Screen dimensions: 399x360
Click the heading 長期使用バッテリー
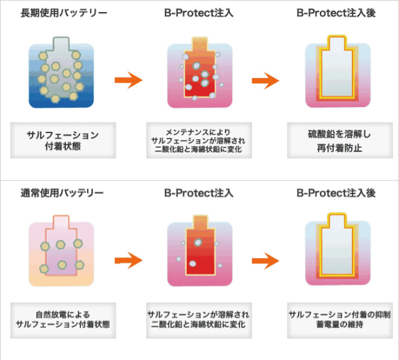point(64,13)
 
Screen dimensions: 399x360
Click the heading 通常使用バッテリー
point(62,193)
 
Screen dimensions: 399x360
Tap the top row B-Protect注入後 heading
point(336,13)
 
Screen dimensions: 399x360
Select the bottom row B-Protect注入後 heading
point(336,193)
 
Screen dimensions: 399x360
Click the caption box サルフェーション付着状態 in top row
point(63,140)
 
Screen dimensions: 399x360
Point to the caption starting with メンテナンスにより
point(199,140)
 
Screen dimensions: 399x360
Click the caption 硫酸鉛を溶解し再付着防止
point(340,140)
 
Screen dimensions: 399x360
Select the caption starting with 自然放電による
point(63,320)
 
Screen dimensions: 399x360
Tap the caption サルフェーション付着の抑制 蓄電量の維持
point(340,320)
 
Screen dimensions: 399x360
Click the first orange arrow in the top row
point(128,81)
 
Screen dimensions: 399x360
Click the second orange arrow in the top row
point(265,81)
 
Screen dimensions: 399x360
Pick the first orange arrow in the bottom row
point(128,260)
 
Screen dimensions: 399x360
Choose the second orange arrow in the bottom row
point(265,261)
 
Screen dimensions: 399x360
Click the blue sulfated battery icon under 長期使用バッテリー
point(61,73)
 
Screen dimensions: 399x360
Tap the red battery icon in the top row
point(199,73)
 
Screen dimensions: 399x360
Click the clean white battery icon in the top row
point(338,72)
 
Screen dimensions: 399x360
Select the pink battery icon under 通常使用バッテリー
point(61,251)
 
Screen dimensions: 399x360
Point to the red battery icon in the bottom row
point(199,251)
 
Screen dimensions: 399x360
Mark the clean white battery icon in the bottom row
point(338,250)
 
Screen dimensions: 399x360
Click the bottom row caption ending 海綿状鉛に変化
point(199,320)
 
